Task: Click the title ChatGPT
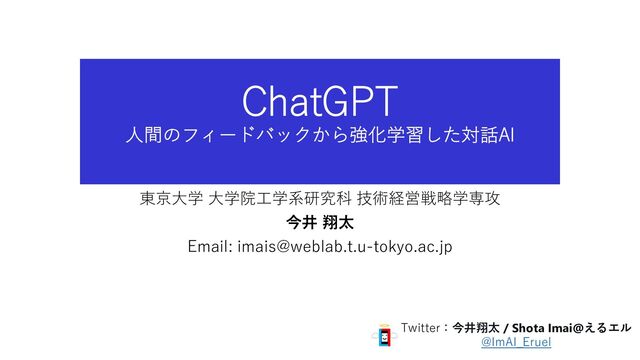coord(320,101)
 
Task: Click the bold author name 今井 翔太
coord(320,221)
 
